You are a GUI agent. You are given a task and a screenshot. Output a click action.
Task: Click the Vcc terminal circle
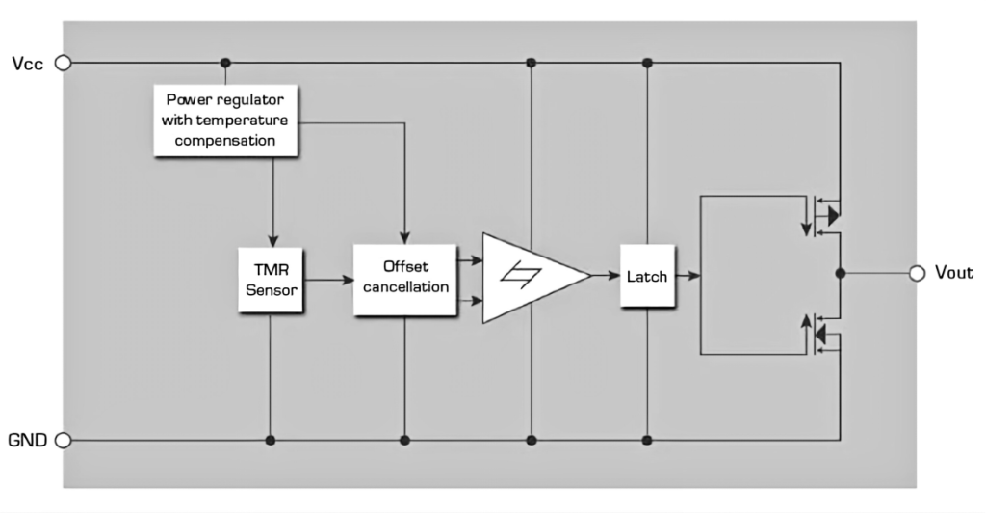[64, 63]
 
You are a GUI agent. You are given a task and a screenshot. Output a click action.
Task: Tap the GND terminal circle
[64, 440]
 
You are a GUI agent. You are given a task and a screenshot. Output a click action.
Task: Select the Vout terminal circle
[918, 273]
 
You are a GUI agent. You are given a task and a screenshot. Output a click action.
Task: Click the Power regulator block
[225, 121]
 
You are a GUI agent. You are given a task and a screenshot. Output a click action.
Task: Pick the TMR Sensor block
[271, 280]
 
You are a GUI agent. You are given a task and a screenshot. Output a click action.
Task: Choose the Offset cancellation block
[405, 280]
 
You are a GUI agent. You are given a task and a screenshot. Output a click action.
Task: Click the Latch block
[647, 276]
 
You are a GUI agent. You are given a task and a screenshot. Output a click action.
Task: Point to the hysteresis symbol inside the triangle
[521, 275]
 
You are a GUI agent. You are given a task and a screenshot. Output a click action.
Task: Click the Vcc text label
[28, 64]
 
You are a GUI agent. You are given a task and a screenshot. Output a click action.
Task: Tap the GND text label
[28, 440]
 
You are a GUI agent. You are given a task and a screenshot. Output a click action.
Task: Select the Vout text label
[954, 273]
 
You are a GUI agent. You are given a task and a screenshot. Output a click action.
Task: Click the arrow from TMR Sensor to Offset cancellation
[328, 280]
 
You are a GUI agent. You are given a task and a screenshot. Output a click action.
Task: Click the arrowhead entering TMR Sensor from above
[272, 242]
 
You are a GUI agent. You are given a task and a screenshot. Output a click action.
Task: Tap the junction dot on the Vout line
[840, 273]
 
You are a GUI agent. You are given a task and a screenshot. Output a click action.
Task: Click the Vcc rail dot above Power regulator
[225, 63]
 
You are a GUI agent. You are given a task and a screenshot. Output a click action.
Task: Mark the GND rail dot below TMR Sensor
[271, 440]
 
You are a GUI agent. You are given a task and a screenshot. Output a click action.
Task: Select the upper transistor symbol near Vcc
[822, 216]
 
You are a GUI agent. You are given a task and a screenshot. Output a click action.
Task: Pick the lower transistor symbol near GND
[822, 334]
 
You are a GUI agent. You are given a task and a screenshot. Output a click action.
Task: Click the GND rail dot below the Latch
[648, 440]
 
